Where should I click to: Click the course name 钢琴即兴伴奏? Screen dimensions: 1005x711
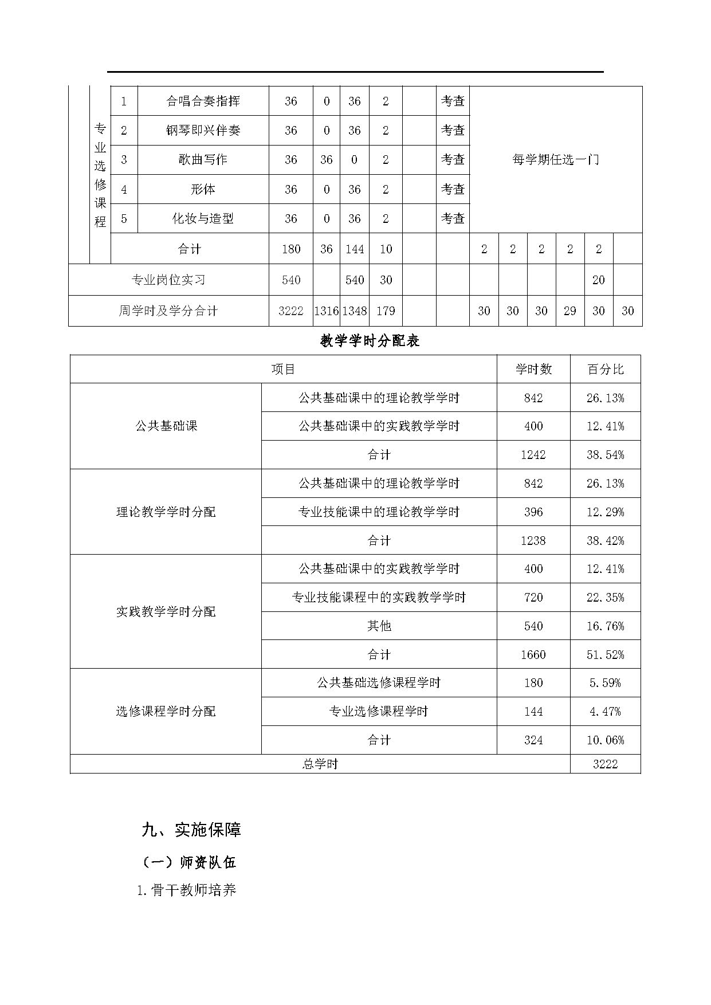[x=203, y=131]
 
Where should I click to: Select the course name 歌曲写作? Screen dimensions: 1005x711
[x=203, y=160]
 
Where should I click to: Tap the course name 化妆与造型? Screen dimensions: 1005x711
[x=203, y=219]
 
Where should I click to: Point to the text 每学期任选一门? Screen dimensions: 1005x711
[x=555, y=160]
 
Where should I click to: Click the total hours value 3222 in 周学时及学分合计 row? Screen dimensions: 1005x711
[x=290, y=311]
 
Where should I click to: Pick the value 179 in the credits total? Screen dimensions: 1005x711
[x=386, y=311]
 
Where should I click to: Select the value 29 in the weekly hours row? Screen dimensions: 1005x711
[x=569, y=311]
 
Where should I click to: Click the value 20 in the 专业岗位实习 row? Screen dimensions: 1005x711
[x=598, y=280]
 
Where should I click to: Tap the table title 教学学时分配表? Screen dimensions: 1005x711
[x=370, y=341]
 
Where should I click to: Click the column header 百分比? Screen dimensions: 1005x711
[x=605, y=370]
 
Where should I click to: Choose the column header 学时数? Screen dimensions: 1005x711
[x=533, y=370]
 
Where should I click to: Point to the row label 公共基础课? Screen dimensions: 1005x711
[x=166, y=426]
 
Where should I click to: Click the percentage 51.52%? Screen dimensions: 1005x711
[x=605, y=654]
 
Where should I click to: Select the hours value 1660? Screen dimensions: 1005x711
[x=533, y=654]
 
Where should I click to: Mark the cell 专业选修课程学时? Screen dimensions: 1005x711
[x=379, y=712]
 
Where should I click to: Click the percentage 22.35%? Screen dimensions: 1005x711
[x=605, y=598]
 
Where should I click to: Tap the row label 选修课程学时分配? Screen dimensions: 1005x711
[x=166, y=712]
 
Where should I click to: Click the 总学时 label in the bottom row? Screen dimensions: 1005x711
[x=320, y=764]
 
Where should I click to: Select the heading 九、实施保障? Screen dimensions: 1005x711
[x=191, y=830]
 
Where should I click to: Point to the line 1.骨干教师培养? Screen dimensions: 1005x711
[x=187, y=890]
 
